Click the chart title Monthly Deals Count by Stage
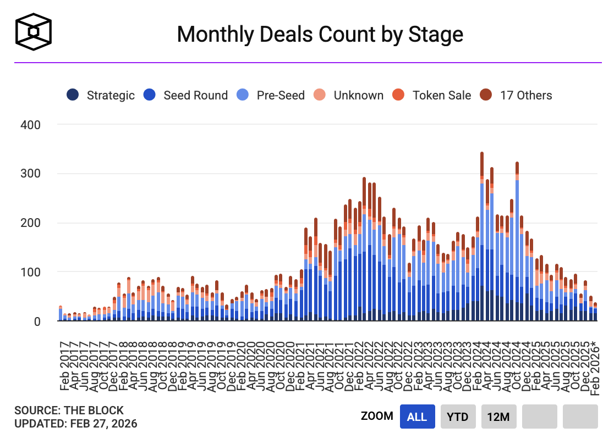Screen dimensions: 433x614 tap(320, 34)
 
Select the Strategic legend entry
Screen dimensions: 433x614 tap(101, 95)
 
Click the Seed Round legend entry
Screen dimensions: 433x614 tap(185, 95)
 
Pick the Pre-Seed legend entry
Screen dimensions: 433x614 tap(271, 95)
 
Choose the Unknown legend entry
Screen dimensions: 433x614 tap(348, 95)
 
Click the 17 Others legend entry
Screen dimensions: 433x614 tap(516, 95)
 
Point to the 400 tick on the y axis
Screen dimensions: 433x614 tap(30, 125)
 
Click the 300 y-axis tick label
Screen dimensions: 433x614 tap(30, 174)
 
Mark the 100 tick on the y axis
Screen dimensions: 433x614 tap(30, 272)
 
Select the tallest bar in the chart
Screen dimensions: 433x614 tap(482, 236)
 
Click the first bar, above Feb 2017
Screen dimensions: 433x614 tap(61, 313)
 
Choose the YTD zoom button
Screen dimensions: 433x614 tap(457, 417)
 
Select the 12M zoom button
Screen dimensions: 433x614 tap(498, 417)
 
